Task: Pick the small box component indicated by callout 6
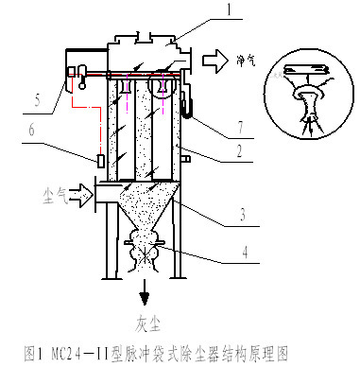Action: tap(99, 161)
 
